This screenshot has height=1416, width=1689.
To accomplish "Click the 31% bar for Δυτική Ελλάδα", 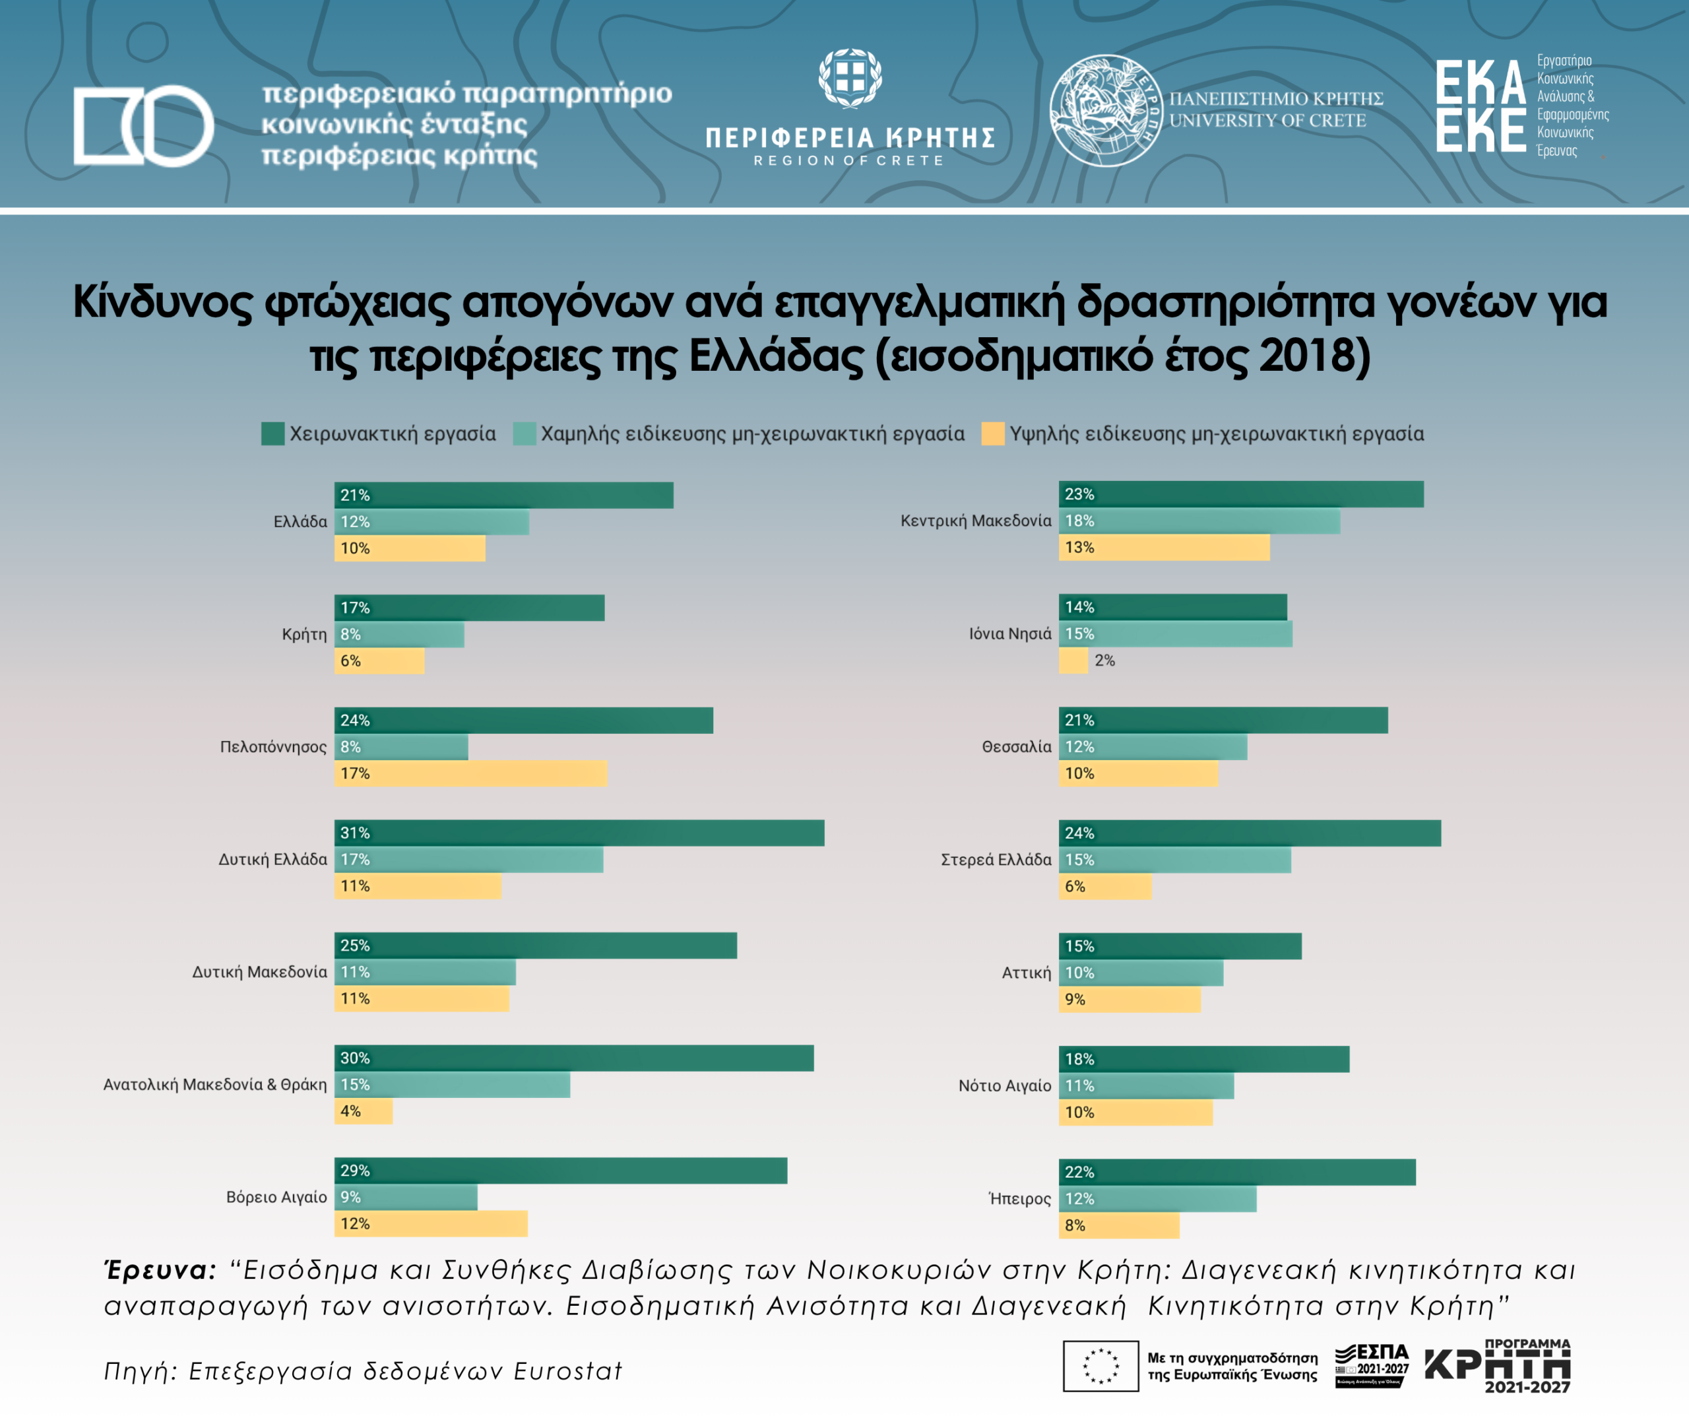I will [x=579, y=833].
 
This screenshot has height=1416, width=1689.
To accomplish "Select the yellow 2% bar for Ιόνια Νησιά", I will [x=1073, y=660].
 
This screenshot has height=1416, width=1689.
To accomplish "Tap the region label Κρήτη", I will [x=304, y=634].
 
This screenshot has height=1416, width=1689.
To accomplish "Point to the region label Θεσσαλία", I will [x=1016, y=747].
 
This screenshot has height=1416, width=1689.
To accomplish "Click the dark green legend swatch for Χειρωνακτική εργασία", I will [x=272, y=434].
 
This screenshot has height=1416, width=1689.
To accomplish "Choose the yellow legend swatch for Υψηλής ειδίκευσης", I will [x=992, y=434].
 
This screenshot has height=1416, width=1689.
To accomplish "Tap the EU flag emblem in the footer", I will [x=1100, y=1365].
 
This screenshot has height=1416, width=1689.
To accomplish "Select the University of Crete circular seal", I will [x=1104, y=110].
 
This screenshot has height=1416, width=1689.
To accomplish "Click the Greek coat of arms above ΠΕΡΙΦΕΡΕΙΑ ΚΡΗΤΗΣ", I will [x=850, y=78].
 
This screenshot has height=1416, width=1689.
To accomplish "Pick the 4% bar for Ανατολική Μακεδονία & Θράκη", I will [x=364, y=1111].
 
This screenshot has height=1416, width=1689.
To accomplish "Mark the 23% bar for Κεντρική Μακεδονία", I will [x=1240, y=494].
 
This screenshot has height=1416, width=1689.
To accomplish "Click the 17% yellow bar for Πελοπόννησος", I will [x=470, y=773].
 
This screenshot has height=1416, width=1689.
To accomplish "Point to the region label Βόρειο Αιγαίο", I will [x=276, y=1197].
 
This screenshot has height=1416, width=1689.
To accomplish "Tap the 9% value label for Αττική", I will [x=1075, y=999].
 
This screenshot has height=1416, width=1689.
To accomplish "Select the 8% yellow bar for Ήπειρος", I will [x=1119, y=1225].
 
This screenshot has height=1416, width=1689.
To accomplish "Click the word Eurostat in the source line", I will [x=568, y=1371].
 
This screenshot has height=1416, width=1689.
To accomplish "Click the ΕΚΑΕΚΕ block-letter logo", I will [x=1481, y=106].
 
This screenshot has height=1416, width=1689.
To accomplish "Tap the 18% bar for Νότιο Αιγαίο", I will [x=1203, y=1059].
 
